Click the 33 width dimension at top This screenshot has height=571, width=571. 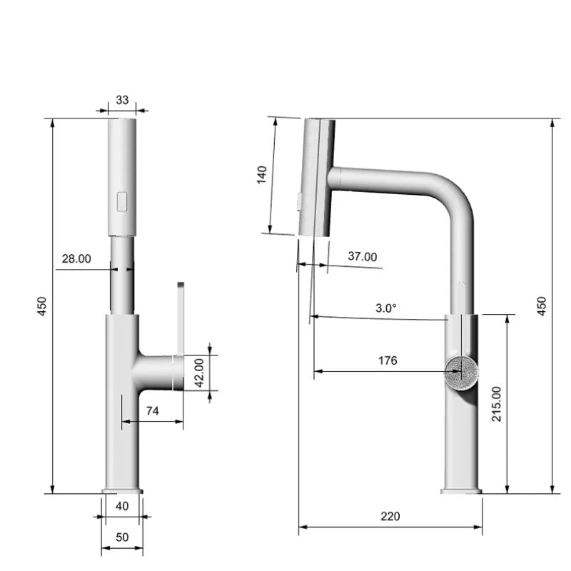point(122,101)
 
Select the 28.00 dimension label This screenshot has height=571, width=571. point(76,259)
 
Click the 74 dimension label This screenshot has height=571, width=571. point(152,410)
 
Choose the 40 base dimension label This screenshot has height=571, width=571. point(122,506)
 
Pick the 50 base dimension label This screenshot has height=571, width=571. point(122,537)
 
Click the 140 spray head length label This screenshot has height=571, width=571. point(261,175)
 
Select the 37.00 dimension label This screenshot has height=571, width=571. point(363,257)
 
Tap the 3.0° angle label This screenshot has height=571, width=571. point(386,308)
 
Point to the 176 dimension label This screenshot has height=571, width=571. point(387,360)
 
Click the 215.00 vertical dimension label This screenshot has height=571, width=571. point(497,404)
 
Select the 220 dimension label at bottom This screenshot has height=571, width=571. point(390,516)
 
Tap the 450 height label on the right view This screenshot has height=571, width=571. point(541,306)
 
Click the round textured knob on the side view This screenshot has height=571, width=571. point(460,371)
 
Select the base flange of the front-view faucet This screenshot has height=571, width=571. point(122,491)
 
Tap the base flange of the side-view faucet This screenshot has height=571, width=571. point(461,491)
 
